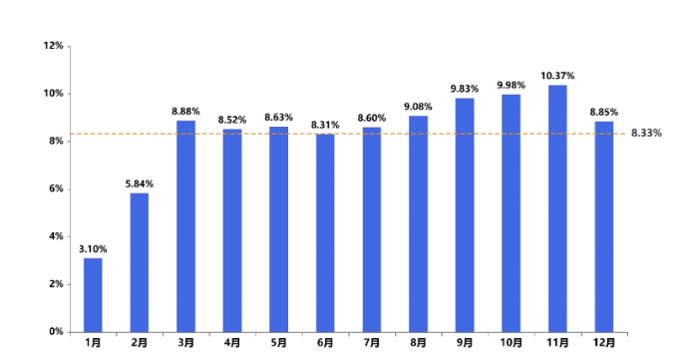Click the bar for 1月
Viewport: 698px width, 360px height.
click(x=93, y=294)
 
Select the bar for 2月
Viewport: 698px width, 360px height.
click(x=139, y=261)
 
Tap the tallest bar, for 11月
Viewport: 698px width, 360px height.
click(x=557, y=207)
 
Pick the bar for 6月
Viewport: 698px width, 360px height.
click(x=325, y=231)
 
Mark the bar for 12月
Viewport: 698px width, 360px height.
click(x=604, y=226)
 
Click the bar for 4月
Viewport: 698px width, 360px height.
click(x=232, y=229)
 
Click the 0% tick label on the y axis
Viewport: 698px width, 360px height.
click(x=56, y=331)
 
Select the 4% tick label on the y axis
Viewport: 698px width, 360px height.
click(x=56, y=236)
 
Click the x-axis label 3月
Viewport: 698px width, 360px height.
click(x=185, y=343)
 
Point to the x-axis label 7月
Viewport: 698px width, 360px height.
click(x=371, y=343)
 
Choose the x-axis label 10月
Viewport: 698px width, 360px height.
click(x=511, y=343)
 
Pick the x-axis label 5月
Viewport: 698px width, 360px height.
click(x=278, y=343)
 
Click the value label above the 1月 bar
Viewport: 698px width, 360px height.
click(x=93, y=248)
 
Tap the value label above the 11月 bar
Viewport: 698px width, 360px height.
click(x=557, y=75)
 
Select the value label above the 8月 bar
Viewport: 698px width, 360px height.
click(x=418, y=106)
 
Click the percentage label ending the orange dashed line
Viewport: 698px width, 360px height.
click(x=647, y=133)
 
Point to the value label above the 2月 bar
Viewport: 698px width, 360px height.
click(x=139, y=183)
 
